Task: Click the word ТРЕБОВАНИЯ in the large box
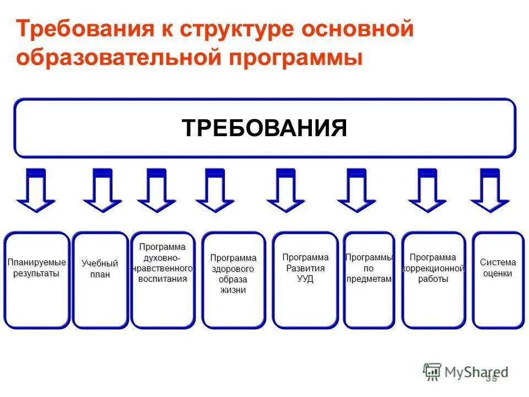coord(264,128)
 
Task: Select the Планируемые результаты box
coord(37,267)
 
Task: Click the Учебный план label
coord(100,269)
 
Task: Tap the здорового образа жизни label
coord(233,274)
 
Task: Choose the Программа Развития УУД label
coord(305,268)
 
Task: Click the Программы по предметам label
coord(369,268)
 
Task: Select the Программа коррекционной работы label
coord(433,268)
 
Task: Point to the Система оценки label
coord(498,268)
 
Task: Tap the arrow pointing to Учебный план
coord(102,190)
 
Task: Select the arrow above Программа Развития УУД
coord(285,190)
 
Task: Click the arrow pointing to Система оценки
coord(489,190)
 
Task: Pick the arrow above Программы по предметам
coord(357,190)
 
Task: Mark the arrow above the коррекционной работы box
coord(427,190)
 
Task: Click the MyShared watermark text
coord(477,372)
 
